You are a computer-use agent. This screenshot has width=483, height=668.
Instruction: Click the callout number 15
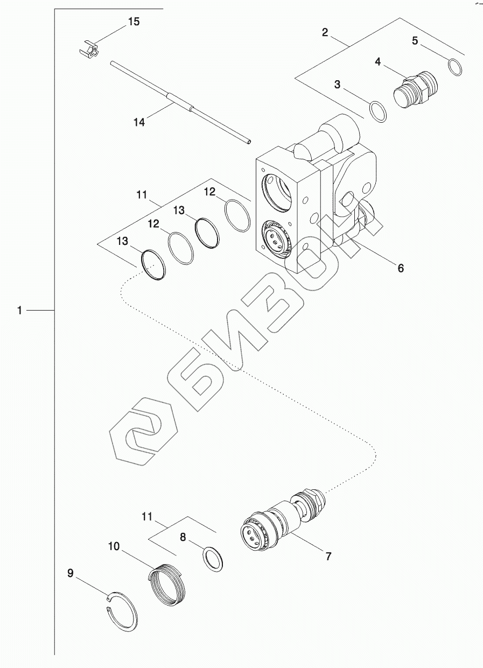click(x=133, y=22)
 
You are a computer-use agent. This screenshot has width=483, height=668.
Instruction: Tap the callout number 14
click(x=139, y=123)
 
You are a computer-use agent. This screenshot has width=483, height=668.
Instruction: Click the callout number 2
click(x=325, y=32)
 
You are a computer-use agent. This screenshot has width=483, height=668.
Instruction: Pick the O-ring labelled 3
click(x=378, y=111)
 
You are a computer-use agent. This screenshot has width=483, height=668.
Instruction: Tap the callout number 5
click(x=415, y=41)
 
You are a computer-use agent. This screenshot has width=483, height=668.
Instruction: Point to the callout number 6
click(x=400, y=268)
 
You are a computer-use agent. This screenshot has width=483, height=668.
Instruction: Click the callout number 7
click(x=328, y=556)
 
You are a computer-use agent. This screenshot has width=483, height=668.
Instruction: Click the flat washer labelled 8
click(x=213, y=560)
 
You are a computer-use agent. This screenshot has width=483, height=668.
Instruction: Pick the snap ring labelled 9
click(x=123, y=614)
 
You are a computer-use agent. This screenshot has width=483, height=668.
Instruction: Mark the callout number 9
click(x=71, y=573)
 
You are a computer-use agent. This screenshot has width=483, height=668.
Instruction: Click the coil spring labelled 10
click(x=167, y=584)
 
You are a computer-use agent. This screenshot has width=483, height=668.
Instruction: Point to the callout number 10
click(x=114, y=547)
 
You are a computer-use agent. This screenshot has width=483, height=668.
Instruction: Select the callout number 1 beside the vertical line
click(x=20, y=311)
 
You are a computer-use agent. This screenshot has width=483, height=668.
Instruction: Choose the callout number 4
click(x=378, y=62)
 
